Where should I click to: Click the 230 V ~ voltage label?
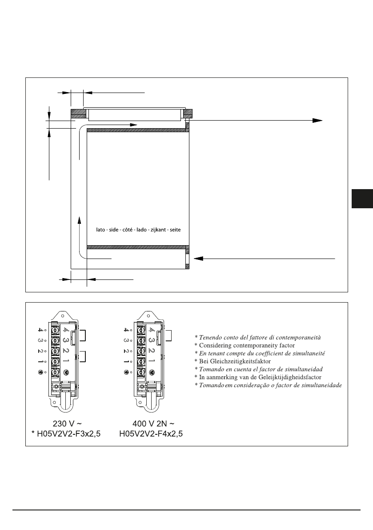[x=67, y=424]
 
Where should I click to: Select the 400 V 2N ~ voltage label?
[x=153, y=424]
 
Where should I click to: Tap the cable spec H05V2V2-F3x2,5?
[x=69, y=434]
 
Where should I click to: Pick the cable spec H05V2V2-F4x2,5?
[x=151, y=434]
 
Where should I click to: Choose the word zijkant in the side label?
[x=158, y=230]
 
